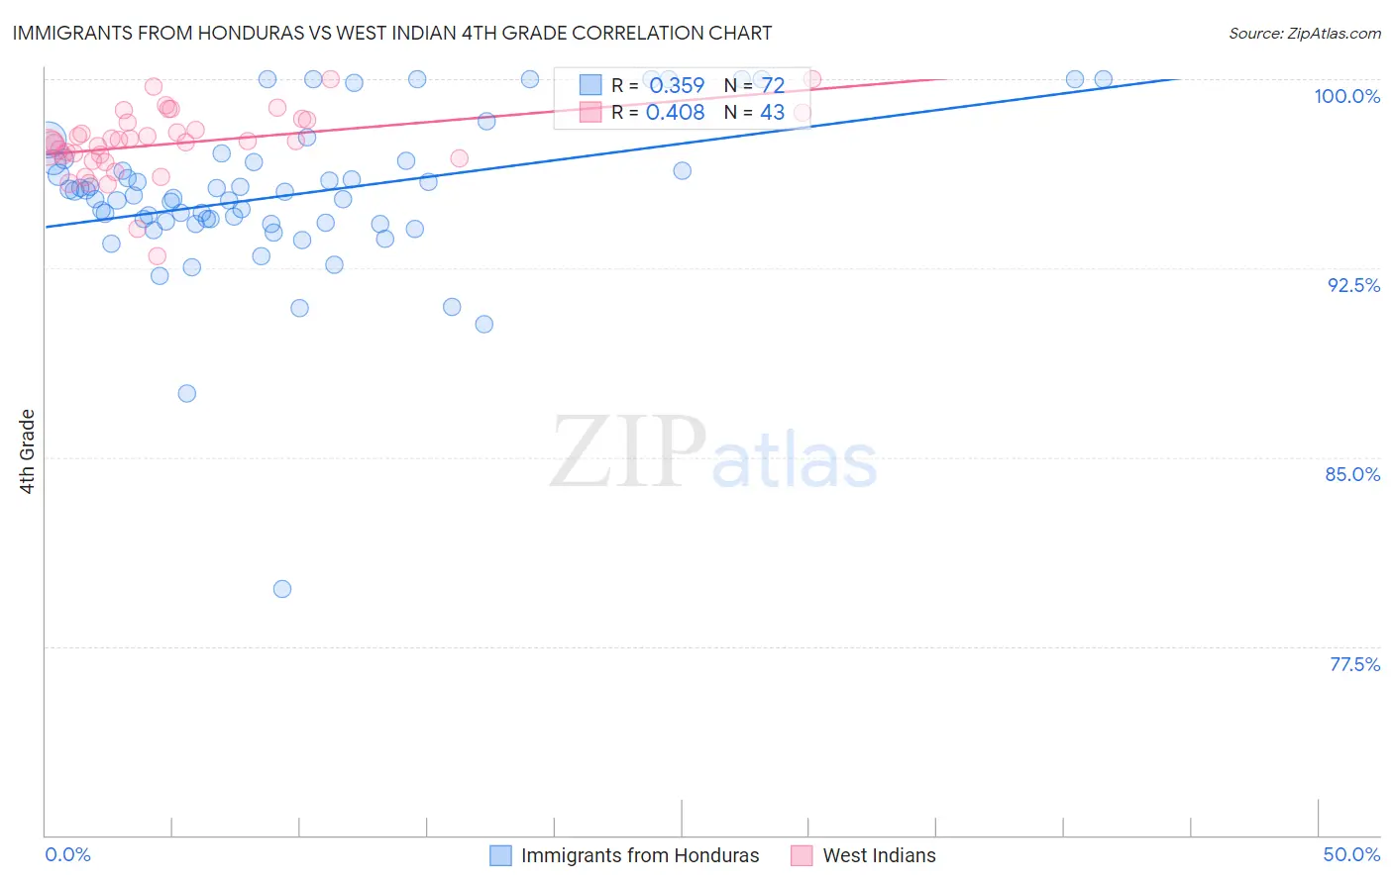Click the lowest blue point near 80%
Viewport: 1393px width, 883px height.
coord(282,589)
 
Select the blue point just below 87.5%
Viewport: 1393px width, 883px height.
coord(186,393)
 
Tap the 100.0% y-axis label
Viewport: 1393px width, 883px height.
coord(1346,96)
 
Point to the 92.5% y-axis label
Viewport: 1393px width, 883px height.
coord(1353,285)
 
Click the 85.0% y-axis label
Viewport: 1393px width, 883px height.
coord(1352,474)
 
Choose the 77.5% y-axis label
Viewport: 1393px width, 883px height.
coord(1354,664)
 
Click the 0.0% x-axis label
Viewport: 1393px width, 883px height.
coord(67,854)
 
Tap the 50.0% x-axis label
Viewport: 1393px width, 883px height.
coord(1351,854)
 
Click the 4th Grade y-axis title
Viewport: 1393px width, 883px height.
coord(28,451)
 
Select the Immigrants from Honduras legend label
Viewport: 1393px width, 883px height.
coord(640,855)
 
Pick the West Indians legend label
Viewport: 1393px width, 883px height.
coord(879,855)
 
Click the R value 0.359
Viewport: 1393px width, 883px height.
coord(677,86)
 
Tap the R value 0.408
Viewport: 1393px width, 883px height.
coord(675,113)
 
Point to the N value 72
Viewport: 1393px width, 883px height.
coord(773,86)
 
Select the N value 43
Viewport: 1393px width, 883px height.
coord(772,113)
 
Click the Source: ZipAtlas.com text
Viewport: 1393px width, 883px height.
coord(1304,33)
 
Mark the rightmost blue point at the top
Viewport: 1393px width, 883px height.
coord(1103,79)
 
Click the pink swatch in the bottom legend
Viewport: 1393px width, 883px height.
coord(802,855)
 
